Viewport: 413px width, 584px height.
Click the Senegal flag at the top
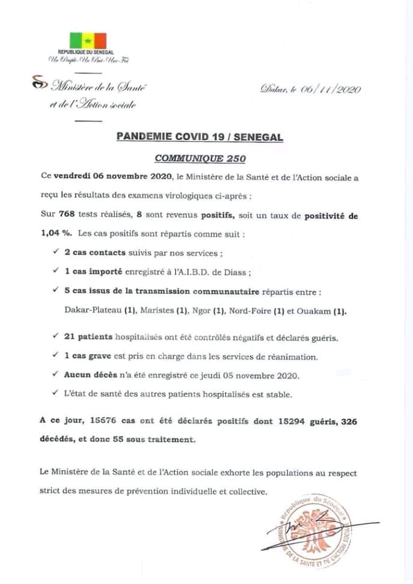[88, 41]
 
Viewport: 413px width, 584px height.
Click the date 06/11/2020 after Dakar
[335, 90]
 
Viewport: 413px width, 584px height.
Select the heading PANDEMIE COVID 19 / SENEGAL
[198, 138]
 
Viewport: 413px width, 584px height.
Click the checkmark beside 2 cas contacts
[56, 253]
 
